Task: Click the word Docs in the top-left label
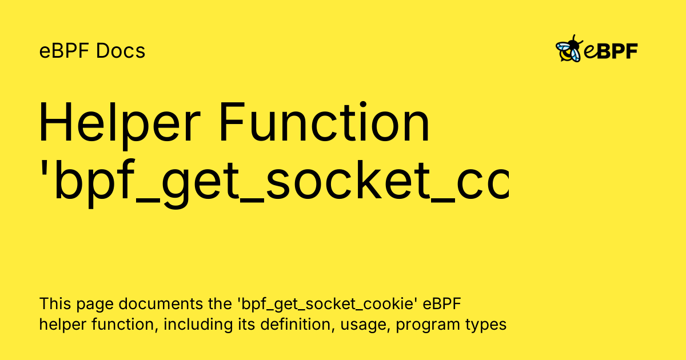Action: (x=121, y=51)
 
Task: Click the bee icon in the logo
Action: (x=569, y=49)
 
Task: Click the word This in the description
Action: (x=53, y=303)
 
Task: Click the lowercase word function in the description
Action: (x=125, y=325)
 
